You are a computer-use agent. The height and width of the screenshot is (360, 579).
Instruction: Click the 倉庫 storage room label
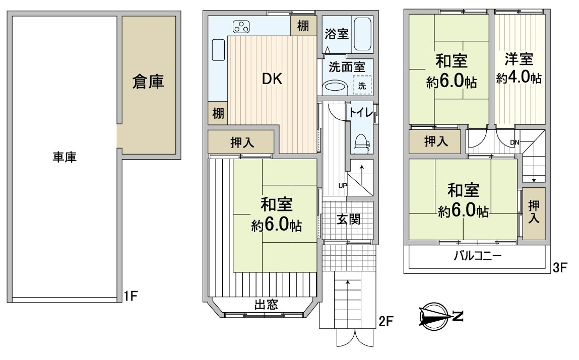(148, 82)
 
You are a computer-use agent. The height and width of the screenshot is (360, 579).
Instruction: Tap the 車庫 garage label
(64, 157)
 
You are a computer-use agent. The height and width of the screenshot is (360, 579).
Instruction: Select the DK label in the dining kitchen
(272, 79)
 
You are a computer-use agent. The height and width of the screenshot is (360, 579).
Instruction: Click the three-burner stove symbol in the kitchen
(241, 27)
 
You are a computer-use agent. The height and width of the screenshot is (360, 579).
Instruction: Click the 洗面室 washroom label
(344, 66)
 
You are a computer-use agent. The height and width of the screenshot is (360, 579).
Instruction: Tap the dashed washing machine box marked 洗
(362, 85)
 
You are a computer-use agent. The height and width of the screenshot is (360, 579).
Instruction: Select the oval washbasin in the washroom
(334, 87)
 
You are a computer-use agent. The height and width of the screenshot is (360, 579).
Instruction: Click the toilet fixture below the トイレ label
(362, 143)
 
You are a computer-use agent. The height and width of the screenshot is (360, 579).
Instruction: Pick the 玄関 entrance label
(348, 220)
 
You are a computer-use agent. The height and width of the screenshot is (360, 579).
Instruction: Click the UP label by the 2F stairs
(343, 186)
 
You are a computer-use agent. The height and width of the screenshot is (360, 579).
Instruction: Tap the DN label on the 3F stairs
(514, 142)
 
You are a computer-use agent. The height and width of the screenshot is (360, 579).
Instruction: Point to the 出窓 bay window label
(265, 304)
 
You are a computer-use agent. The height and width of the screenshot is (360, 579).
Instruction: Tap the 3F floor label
(560, 268)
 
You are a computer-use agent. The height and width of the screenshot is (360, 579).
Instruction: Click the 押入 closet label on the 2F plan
(242, 142)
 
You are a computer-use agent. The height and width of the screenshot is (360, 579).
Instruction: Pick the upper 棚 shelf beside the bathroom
(303, 26)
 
